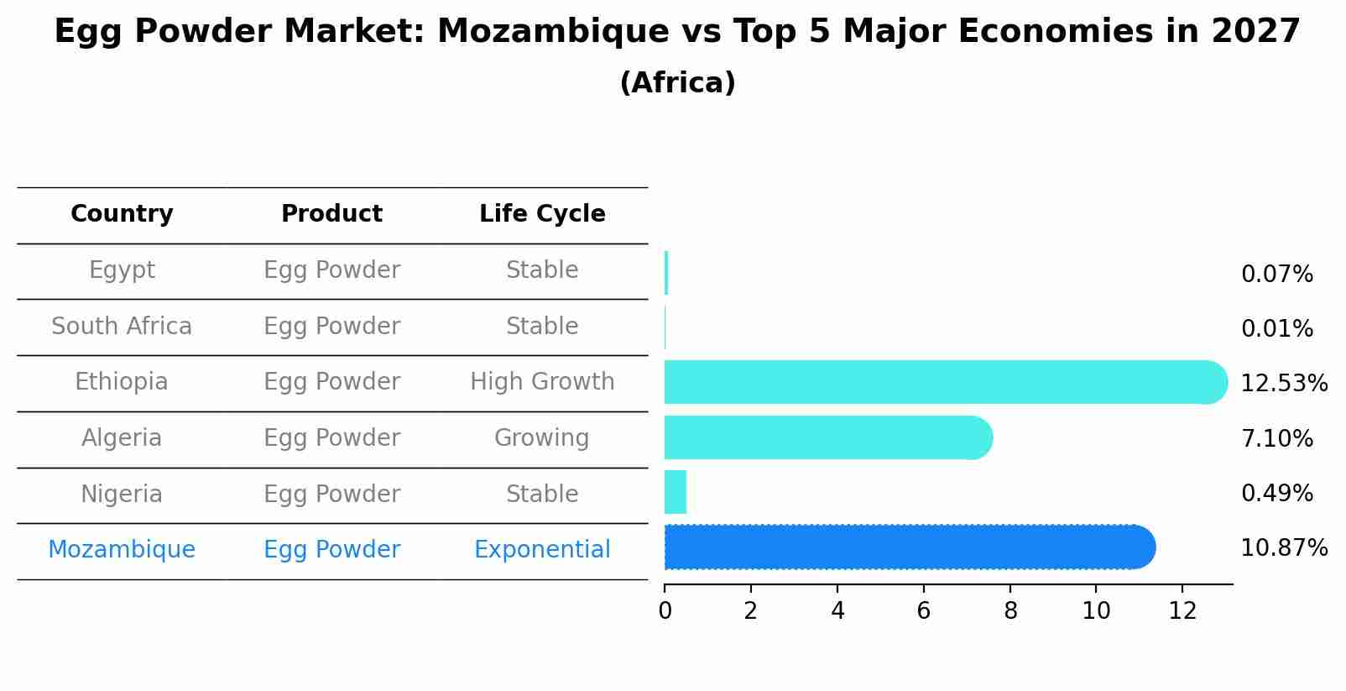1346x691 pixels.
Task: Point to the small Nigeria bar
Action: click(676, 492)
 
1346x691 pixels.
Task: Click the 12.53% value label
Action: click(1283, 384)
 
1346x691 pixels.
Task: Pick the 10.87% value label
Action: click(1283, 548)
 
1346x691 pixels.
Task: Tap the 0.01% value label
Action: click(1276, 329)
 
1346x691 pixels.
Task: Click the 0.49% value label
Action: click(1276, 494)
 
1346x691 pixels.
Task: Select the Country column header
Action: click(122, 214)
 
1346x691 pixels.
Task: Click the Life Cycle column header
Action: click(542, 214)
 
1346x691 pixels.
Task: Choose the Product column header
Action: click(331, 214)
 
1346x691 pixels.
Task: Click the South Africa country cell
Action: click(122, 327)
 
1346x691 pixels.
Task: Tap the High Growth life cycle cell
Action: click(542, 382)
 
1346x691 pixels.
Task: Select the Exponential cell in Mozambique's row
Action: click(542, 550)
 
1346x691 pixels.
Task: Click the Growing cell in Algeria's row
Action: click(542, 438)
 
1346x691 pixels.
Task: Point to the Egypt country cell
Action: click(122, 270)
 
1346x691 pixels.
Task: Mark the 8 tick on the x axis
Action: click(1010, 611)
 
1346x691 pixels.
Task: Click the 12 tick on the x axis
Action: click(1182, 611)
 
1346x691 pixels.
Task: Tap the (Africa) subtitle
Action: click(677, 83)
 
